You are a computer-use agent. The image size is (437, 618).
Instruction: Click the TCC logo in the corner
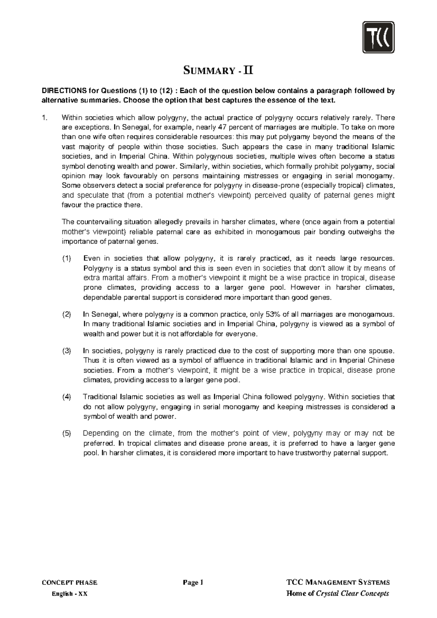pos(378,37)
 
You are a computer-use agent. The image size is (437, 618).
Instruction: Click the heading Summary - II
pos(218,70)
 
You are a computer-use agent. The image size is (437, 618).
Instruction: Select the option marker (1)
pos(67,259)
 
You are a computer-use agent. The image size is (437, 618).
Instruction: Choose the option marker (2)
pos(67,314)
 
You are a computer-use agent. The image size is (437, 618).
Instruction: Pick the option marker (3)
pos(67,351)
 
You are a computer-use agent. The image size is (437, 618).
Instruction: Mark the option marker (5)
pos(67,434)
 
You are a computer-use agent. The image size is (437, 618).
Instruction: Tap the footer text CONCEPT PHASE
pos(70,582)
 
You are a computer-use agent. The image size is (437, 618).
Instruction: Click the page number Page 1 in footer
pos(193,582)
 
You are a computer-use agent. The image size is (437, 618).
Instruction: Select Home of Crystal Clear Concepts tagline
pos(338,594)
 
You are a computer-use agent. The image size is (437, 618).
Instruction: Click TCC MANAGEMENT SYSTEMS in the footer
pos(338,582)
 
